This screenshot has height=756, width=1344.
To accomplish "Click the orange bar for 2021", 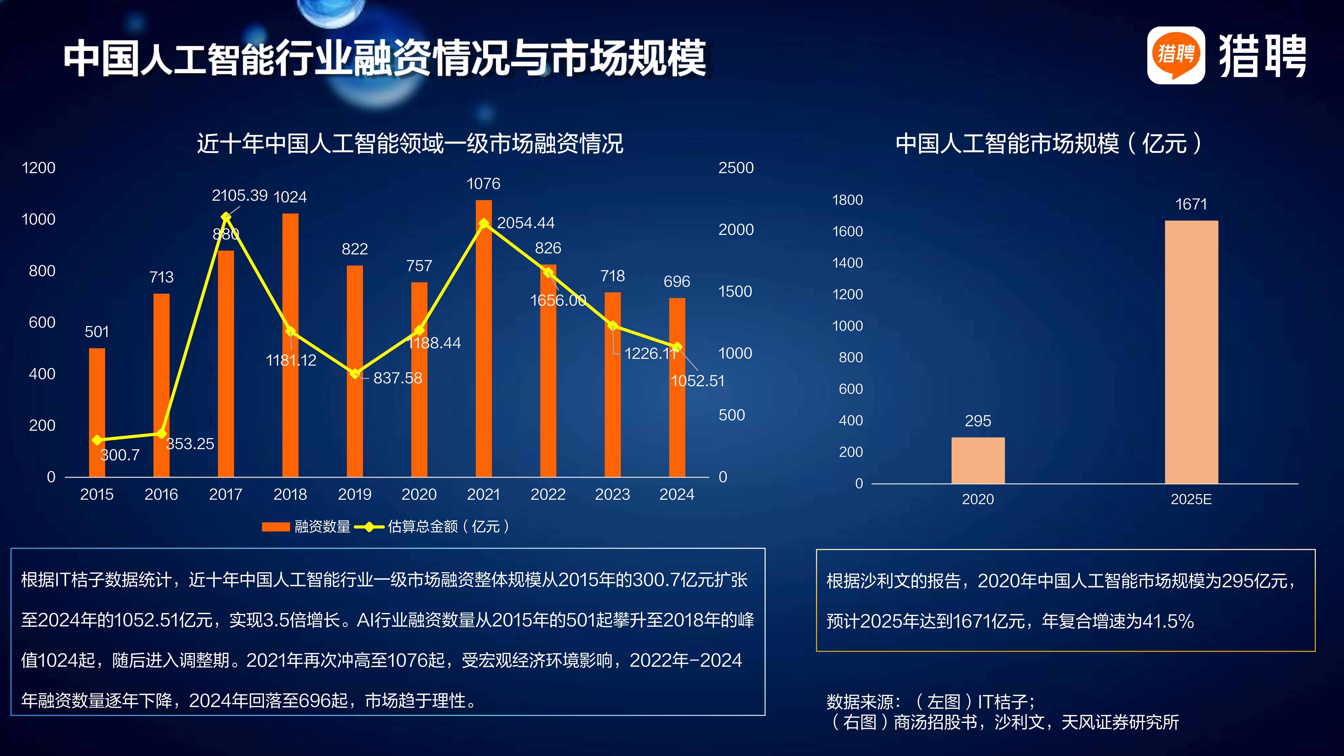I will [484, 365].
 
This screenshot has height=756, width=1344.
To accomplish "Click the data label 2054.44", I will [525, 223].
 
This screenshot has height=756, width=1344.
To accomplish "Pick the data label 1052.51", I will [698, 381].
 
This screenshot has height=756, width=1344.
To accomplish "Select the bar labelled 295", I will [978, 460].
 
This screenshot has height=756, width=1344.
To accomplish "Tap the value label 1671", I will [1191, 204].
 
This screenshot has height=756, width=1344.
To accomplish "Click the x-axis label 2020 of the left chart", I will [419, 494].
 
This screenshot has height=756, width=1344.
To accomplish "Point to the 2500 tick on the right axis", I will [736, 168].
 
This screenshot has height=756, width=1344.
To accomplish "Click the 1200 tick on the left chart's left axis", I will [39, 168].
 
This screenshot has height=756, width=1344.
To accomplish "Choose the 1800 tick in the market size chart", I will [847, 200].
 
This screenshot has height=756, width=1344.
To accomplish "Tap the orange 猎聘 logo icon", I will [1175, 55].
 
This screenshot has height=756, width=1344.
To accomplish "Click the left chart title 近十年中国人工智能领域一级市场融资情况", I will [410, 143].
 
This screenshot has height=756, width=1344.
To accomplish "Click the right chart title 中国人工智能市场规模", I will [1049, 143].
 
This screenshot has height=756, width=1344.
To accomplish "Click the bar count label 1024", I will [290, 197].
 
